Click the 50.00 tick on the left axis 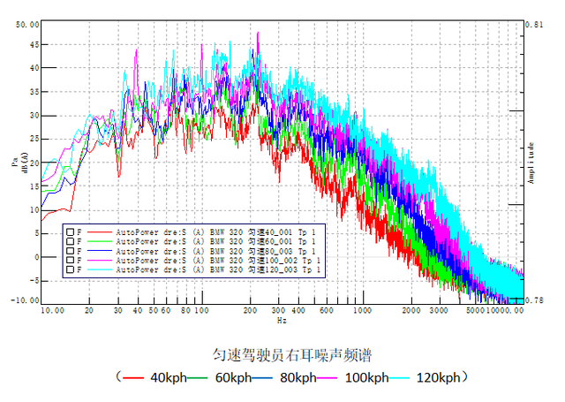tap(26, 25)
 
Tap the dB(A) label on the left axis tap(25, 162)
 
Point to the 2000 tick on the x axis tap(410, 310)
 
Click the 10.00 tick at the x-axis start tap(51, 310)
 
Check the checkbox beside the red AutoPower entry tap(69, 231)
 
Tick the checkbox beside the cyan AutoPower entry tap(69, 270)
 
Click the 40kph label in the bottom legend tap(168, 378)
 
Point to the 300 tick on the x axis tap(279, 310)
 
